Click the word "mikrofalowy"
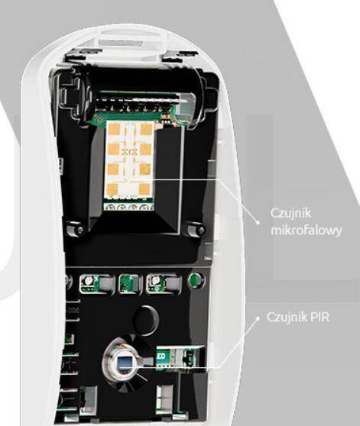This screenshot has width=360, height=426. (x=306, y=231)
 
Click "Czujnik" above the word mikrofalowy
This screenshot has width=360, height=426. (x=290, y=213)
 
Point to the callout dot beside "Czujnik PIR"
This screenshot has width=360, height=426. (x=258, y=317)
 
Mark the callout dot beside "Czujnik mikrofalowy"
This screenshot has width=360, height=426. (x=258, y=223)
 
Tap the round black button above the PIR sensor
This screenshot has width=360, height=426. (x=145, y=317)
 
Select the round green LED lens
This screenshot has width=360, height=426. (x=196, y=279)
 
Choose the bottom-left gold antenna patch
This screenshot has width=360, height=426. (x=113, y=189)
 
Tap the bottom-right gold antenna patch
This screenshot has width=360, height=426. (x=144, y=189)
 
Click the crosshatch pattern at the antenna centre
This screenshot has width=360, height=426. (x=129, y=152)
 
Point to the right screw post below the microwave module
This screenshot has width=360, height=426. (x=195, y=229)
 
